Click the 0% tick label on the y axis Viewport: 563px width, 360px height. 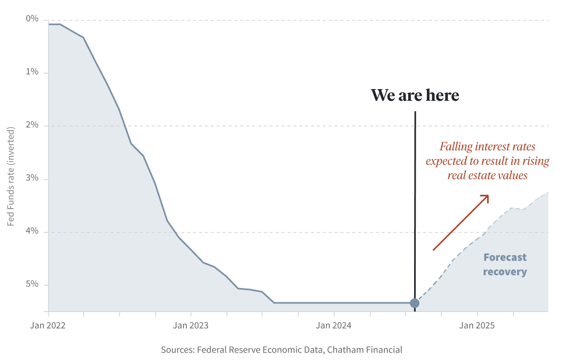pyautogui.click(x=33, y=19)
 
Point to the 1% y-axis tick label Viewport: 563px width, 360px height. pyautogui.click(x=33, y=72)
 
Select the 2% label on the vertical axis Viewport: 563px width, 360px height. pyautogui.click(x=33, y=125)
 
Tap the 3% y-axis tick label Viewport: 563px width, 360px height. pyautogui.click(x=33, y=178)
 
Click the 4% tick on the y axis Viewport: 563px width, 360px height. pyautogui.click(x=33, y=231)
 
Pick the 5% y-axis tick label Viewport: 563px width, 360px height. pyautogui.click(x=33, y=284)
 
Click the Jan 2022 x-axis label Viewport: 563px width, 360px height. pyautogui.click(x=48, y=325)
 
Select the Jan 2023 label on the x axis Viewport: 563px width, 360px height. pyautogui.click(x=191, y=325)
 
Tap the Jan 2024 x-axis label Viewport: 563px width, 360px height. pyautogui.click(x=334, y=325)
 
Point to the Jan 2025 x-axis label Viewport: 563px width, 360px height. pyautogui.click(x=477, y=325)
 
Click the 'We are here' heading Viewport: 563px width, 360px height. pyautogui.click(x=415, y=95)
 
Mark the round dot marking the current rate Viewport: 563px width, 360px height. pyautogui.click(x=415, y=303)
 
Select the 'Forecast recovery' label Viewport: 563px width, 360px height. pyautogui.click(x=505, y=265)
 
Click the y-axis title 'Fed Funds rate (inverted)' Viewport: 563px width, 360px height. pyautogui.click(x=11, y=175)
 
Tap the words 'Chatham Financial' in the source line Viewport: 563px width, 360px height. pyautogui.click(x=364, y=350)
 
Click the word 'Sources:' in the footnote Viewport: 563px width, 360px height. pyautogui.click(x=178, y=350)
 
